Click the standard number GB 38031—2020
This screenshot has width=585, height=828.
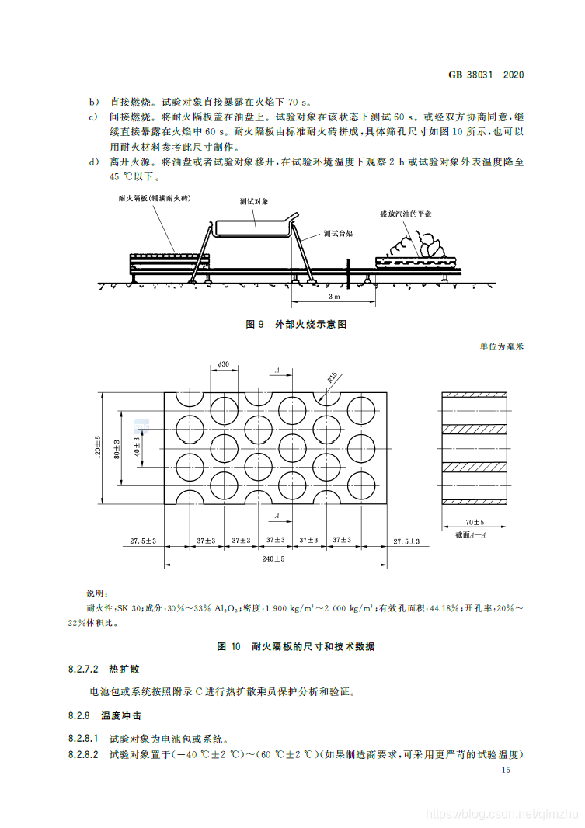click(486, 75)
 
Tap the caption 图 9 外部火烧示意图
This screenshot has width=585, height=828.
click(295, 324)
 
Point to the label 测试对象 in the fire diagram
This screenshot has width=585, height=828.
click(254, 201)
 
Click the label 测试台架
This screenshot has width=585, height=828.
click(338, 233)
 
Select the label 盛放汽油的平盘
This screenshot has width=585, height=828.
click(406, 213)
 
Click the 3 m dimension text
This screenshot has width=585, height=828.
click(334, 297)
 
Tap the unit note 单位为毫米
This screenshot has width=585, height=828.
click(502, 347)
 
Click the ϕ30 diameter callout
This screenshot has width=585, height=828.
click(223, 364)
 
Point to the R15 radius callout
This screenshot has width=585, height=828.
click(332, 378)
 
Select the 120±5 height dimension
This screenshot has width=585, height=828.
click(99, 447)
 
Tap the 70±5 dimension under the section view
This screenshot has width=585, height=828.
click(475, 522)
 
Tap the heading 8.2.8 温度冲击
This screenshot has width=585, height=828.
click(101, 715)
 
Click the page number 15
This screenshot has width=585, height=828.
click(506, 770)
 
